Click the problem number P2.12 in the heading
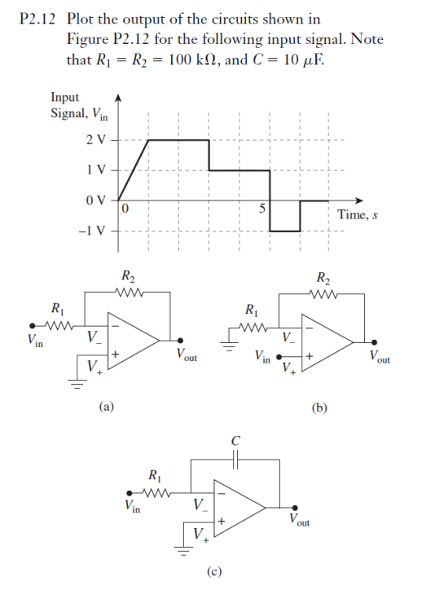37,19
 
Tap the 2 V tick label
96,140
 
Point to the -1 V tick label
92,231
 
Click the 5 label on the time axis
262,209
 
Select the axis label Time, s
358,214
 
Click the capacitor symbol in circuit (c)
235,460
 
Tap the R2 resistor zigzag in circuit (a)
129,293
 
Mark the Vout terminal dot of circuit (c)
295,508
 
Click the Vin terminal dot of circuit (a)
33,326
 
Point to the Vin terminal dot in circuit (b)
279,357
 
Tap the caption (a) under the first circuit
107,407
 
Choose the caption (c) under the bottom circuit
214,571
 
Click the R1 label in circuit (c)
155,476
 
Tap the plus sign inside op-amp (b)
310,356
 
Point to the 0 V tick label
96,200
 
